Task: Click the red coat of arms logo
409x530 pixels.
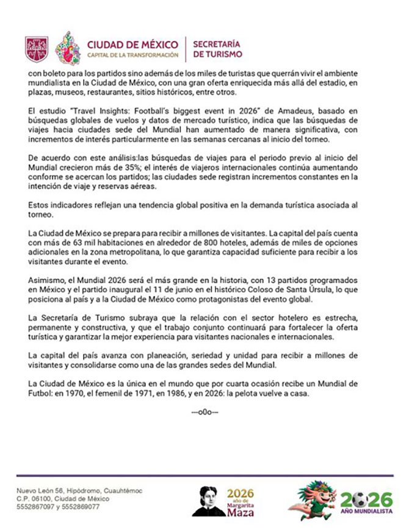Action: (36, 49)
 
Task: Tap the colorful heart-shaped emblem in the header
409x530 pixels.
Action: (67, 49)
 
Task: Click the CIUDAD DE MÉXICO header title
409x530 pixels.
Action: (132, 45)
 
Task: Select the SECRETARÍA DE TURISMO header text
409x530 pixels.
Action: (217, 49)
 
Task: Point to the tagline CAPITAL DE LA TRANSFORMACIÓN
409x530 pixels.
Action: (132, 56)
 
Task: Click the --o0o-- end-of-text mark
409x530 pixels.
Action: (204, 413)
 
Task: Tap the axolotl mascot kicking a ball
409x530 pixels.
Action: (314, 500)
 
